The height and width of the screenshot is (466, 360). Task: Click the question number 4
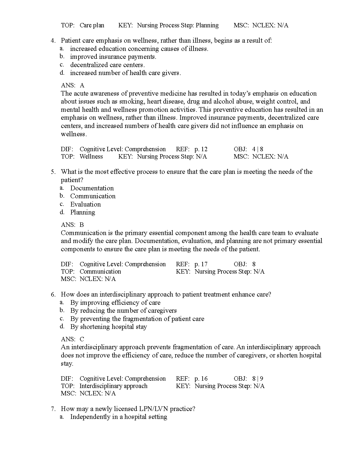click(53, 41)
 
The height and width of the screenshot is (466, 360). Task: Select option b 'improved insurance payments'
click(113, 57)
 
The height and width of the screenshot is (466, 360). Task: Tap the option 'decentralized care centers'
click(107, 65)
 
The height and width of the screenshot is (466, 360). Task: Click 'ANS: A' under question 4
click(73, 85)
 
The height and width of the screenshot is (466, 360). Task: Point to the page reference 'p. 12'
click(201, 149)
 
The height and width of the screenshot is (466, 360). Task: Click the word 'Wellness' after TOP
click(91, 157)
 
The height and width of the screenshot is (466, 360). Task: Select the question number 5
click(53, 172)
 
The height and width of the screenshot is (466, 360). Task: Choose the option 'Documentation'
click(92, 188)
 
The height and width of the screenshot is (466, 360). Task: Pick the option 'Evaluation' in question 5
click(85, 204)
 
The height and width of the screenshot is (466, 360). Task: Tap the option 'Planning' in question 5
click(83, 212)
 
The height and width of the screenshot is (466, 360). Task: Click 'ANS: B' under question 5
click(72, 225)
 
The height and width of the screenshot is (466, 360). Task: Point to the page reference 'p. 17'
click(201, 264)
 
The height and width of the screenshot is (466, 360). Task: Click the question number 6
click(53, 294)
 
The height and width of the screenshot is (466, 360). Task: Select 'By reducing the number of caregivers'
click(123, 311)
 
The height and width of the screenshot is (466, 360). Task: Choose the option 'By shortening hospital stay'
click(109, 327)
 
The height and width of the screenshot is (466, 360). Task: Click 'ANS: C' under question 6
click(72, 339)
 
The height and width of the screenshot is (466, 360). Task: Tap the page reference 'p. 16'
click(201, 379)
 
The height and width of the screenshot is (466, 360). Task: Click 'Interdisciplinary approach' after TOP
click(113, 386)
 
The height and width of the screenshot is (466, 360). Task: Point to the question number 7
click(53, 409)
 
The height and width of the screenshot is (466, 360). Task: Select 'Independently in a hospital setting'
click(119, 417)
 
